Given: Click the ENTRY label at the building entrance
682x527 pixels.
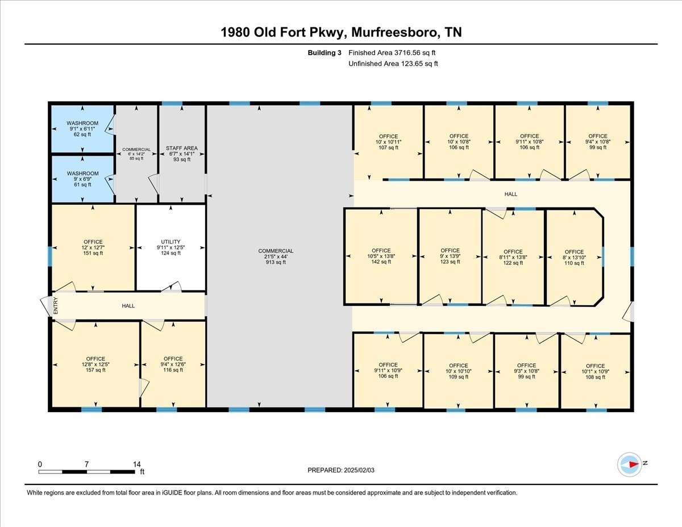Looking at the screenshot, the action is [x=56, y=306].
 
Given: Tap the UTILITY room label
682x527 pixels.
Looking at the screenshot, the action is [x=170, y=242].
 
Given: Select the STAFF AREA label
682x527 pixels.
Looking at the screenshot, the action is [x=182, y=148].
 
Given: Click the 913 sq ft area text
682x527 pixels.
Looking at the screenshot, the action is [x=276, y=262].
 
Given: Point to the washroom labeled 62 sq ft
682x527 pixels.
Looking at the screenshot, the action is [x=82, y=128].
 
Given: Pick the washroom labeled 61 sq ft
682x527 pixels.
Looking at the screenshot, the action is [x=82, y=179].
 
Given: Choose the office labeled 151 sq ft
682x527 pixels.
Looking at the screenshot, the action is [x=93, y=247].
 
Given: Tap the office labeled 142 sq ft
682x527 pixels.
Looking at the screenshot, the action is [x=381, y=256].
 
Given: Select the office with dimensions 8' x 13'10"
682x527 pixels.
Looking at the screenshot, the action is [x=575, y=258].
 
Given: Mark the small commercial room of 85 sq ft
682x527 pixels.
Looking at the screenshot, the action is [x=136, y=154].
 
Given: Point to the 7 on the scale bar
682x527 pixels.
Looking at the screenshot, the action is [x=86, y=464].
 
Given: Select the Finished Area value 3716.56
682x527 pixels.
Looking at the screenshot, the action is [x=406, y=53].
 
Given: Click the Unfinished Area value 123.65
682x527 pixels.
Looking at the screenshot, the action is [x=412, y=64].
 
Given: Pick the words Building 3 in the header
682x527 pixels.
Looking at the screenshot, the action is [x=324, y=53].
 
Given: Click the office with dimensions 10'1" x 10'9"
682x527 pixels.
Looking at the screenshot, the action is [x=596, y=371].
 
